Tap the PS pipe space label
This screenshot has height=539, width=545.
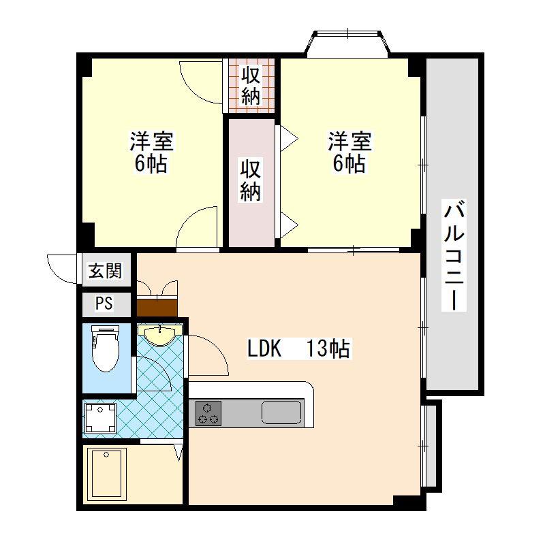[104, 304]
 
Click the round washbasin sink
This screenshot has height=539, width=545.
[159, 334]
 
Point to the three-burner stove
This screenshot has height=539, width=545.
[208, 413]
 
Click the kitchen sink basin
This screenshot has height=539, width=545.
[281, 413]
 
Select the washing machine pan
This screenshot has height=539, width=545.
[99, 416]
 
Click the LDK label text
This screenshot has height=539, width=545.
[264, 348]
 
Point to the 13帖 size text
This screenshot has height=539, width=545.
[328, 348]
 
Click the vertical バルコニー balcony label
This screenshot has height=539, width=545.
[454, 255]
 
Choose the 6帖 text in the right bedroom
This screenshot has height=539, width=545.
[349, 164]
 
